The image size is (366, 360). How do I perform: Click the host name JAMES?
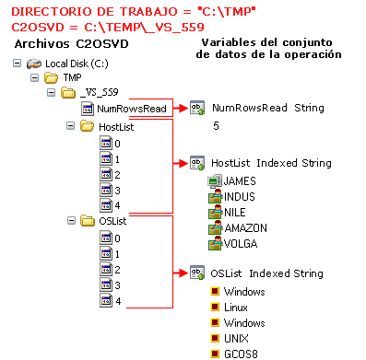(239, 181)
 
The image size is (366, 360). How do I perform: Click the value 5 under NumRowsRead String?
(216, 125)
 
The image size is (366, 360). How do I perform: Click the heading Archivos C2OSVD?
(65, 44)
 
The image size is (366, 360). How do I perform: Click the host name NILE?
(234, 212)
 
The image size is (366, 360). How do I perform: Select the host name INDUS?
(239, 197)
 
